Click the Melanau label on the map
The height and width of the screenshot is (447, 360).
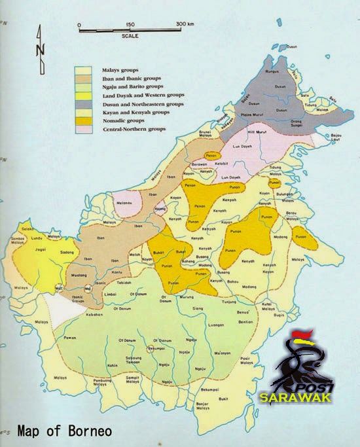[123, 206]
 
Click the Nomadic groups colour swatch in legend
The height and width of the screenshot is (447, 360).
[82, 122]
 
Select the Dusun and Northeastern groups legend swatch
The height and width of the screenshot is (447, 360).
[82, 104]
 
